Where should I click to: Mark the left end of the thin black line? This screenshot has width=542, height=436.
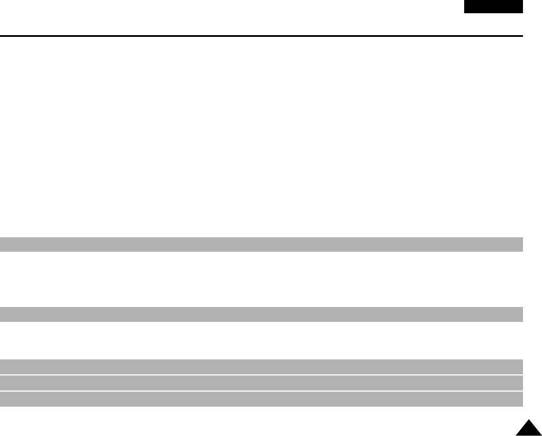[1, 36]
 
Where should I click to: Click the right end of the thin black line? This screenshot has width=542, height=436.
[522, 36]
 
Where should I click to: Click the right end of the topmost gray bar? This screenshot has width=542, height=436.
[521, 244]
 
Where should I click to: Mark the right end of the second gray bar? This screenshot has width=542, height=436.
[521, 314]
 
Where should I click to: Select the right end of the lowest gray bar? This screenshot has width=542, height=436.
[521, 399]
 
